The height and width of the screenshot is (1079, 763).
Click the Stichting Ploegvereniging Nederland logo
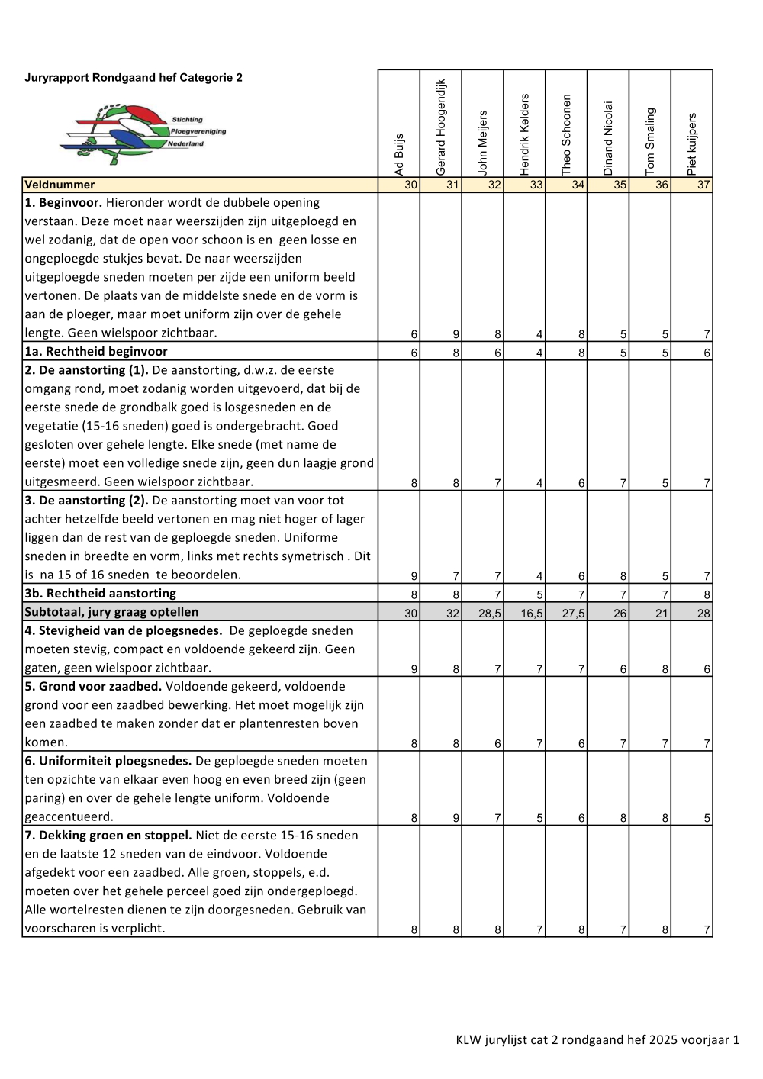click(x=143, y=134)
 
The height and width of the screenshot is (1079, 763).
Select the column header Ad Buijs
click(x=399, y=155)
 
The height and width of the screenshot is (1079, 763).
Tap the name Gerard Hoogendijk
click(x=441, y=127)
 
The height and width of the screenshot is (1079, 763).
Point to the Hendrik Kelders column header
click(x=525, y=134)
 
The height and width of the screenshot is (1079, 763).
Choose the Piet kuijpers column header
click(x=692, y=143)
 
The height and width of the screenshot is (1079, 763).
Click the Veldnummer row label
click(x=60, y=185)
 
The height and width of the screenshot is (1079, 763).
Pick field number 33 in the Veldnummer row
click(x=536, y=185)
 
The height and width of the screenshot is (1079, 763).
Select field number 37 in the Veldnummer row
click(x=703, y=185)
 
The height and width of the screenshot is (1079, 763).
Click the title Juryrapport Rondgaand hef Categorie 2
click(x=134, y=78)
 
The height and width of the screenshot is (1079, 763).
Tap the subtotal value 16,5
click(x=532, y=613)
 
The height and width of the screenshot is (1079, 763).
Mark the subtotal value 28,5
click(x=490, y=613)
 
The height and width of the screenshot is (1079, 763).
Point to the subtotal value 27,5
click(x=574, y=613)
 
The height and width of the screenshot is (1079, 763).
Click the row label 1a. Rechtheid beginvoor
click(x=96, y=352)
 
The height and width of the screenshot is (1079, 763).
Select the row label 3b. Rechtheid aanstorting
click(x=100, y=594)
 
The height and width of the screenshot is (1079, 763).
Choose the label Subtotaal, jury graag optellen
click(x=111, y=612)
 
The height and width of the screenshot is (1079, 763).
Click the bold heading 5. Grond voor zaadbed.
click(x=93, y=687)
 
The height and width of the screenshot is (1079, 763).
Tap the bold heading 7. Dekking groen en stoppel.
click(x=108, y=836)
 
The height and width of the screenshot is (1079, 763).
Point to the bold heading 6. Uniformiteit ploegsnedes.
click(x=108, y=761)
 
